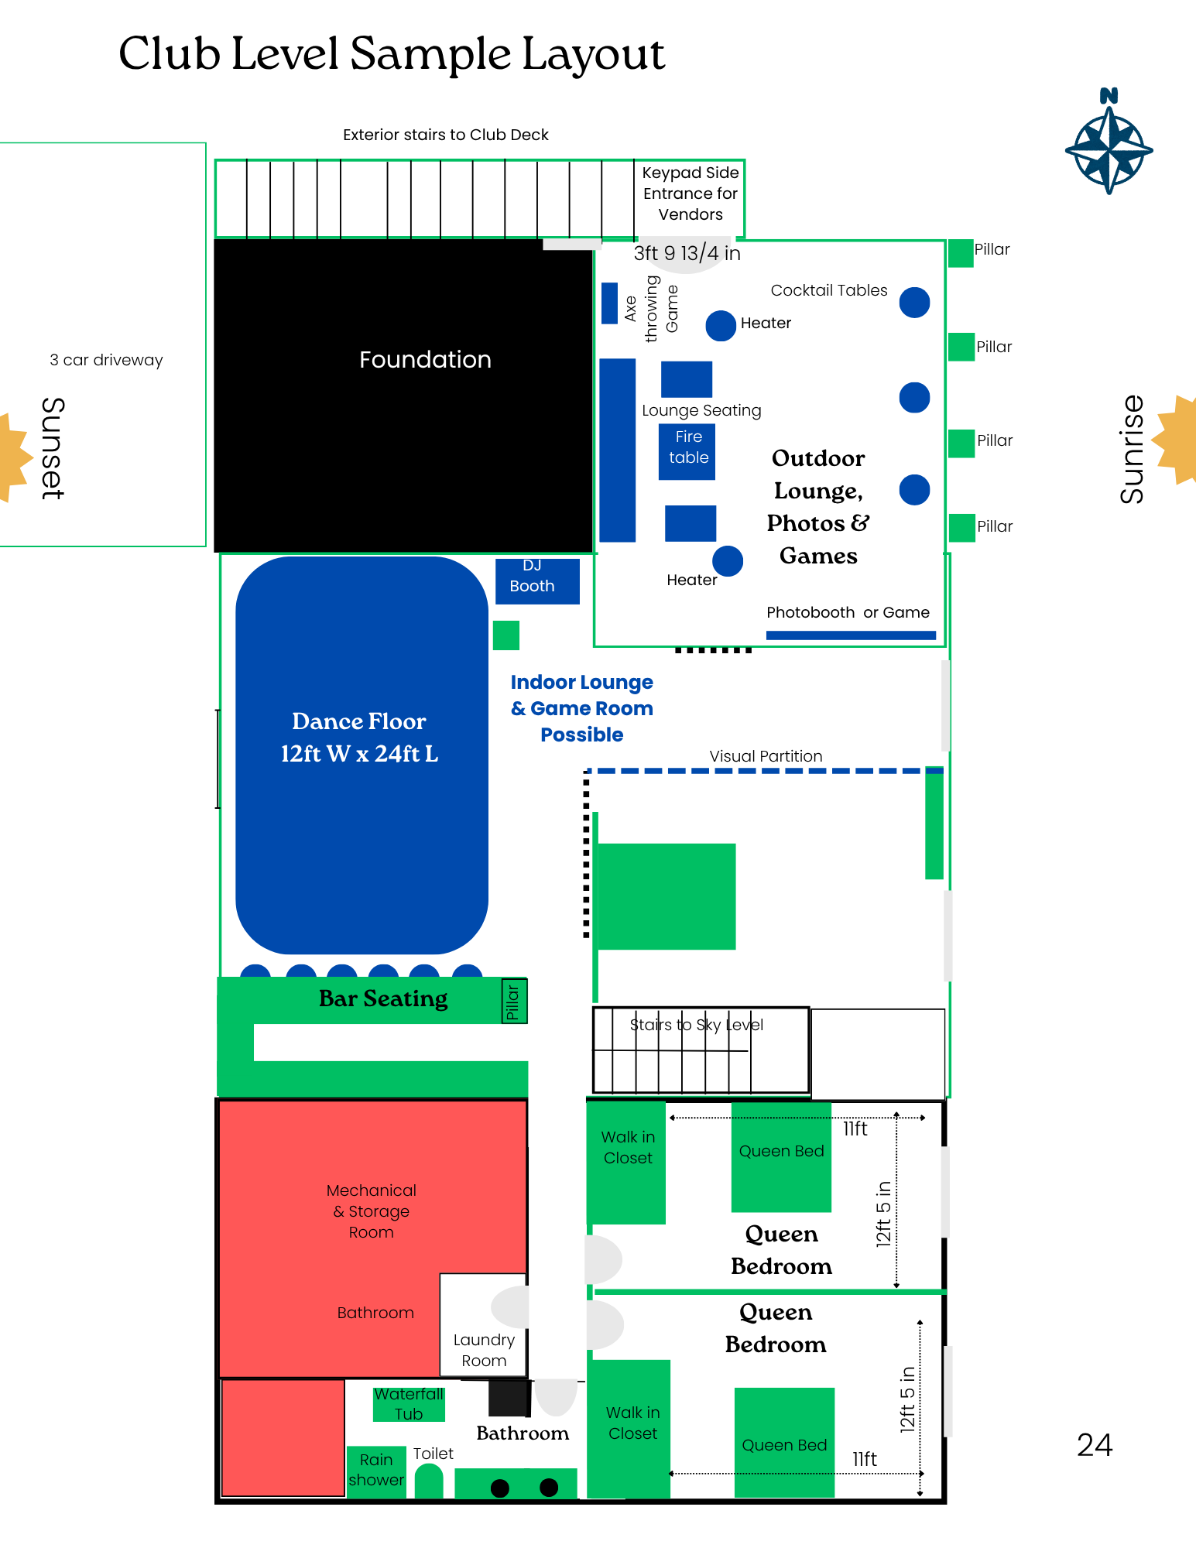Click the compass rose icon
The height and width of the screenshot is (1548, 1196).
(1109, 147)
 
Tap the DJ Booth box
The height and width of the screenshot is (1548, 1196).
(537, 580)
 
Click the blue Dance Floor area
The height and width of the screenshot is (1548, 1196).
(362, 755)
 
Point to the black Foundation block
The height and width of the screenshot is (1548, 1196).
(403, 395)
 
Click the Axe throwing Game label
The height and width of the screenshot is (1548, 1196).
(651, 308)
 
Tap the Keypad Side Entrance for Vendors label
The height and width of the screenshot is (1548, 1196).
(691, 193)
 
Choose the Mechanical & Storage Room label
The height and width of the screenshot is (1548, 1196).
(372, 1211)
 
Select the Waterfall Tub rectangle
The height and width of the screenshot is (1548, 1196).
(409, 1403)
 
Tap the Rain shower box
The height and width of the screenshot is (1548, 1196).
(376, 1470)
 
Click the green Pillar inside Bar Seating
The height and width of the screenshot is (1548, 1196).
(514, 1001)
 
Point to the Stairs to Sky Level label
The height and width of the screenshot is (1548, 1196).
(697, 1025)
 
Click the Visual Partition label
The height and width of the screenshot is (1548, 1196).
(766, 756)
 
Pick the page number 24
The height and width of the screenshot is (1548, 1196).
(1095, 1445)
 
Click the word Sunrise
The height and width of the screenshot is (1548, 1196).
(1132, 449)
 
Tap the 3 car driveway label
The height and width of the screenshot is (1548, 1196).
(107, 360)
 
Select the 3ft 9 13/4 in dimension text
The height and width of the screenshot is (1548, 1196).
(687, 253)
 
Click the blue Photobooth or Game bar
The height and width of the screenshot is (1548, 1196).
(851, 635)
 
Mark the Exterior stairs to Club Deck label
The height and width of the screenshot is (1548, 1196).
(446, 135)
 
